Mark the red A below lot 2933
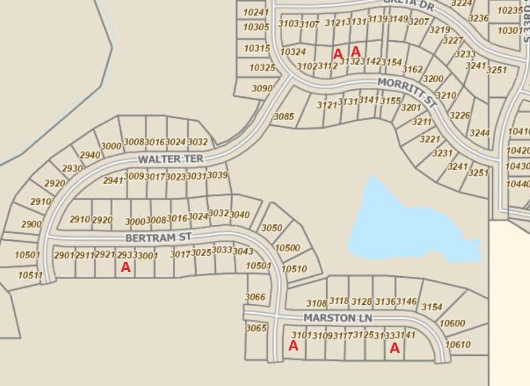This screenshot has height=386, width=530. point(126,267)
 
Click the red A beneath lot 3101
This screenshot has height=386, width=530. point(293,346)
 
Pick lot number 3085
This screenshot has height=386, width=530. point(284,117)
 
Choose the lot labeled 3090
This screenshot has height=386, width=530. point(262,89)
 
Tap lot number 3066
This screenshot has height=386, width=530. point(255,297)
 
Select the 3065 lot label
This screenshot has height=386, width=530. point(256,328)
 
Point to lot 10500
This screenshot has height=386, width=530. point(287,248)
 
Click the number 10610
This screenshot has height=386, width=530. point(457,344)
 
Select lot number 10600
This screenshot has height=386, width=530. point(452,323)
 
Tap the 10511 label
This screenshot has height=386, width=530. point(30,275)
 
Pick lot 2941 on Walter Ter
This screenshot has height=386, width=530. point(113,180)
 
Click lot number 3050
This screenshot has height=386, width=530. point(272,228)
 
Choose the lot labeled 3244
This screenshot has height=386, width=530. point(480,133)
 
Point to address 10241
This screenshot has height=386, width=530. point(256,13)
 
